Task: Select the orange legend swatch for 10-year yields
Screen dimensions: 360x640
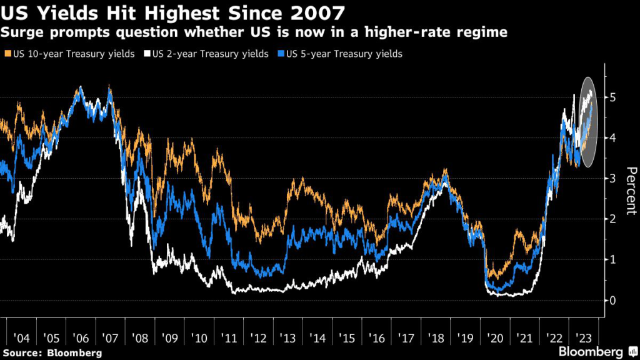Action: (7, 54)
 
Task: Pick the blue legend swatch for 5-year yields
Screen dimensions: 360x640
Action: (281, 54)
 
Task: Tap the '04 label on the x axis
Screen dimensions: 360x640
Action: (21, 338)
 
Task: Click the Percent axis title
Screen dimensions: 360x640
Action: (631, 190)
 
